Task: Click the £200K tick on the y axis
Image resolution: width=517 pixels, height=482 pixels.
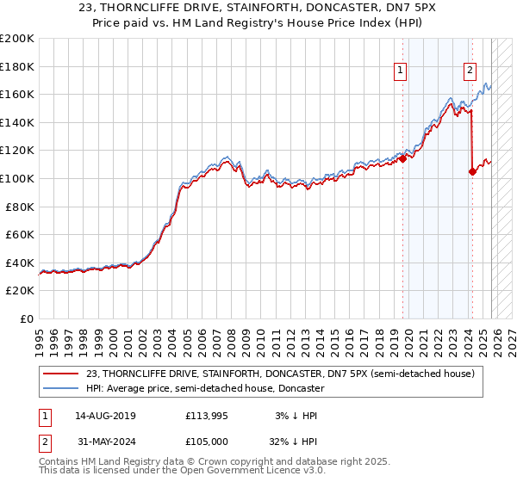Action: [17, 39]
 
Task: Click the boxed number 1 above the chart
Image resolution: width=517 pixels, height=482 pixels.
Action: [402, 72]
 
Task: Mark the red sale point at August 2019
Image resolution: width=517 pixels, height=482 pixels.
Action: [402, 158]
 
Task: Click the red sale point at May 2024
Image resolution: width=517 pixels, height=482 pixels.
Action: [471, 171]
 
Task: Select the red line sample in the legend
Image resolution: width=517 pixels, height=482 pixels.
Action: [61, 374]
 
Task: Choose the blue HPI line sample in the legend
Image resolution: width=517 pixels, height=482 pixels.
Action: [61, 388]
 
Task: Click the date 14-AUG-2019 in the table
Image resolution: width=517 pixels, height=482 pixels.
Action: [105, 416]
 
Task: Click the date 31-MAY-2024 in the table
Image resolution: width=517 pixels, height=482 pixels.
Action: [105, 443]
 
